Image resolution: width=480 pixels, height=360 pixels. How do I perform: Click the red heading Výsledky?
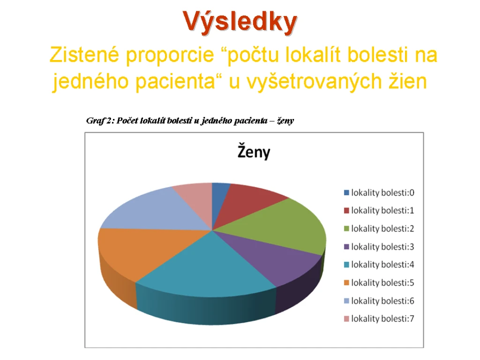[x=240, y=22]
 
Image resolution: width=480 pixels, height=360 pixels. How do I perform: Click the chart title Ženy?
[x=254, y=151]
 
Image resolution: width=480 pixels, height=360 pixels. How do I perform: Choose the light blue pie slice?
[x=159, y=211]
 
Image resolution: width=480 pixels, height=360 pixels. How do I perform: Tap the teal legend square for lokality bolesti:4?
[x=346, y=265]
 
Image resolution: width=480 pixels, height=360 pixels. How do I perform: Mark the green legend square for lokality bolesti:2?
[x=346, y=229]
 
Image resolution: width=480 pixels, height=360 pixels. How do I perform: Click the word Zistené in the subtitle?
[x=84, y=55]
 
